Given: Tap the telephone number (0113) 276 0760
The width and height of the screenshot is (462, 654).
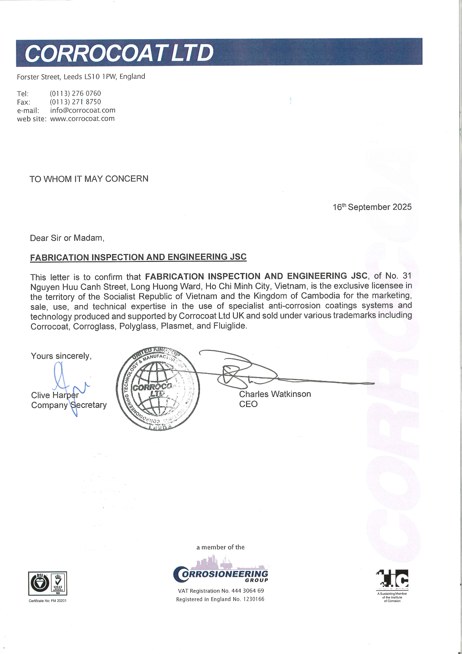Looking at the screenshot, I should point(75,94).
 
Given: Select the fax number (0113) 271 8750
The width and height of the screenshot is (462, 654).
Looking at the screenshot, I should point(75,102).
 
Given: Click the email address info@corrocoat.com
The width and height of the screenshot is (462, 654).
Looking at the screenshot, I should point(83,110).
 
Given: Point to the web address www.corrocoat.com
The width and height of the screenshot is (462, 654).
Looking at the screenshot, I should point(82,119).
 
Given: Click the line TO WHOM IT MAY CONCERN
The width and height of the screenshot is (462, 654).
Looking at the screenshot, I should point(89,179).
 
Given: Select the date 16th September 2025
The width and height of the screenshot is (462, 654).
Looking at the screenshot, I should point(372,207).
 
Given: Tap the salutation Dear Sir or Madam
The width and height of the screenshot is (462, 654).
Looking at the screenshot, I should point(67,238).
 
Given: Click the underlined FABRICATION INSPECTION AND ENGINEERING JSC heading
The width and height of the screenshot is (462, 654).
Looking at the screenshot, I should point(138,257).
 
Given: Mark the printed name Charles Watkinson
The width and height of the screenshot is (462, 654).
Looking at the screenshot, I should point(275,394).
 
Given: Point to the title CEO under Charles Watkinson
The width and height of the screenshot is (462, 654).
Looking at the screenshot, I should point(248,404).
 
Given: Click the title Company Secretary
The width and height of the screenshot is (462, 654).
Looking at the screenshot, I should point(69,405).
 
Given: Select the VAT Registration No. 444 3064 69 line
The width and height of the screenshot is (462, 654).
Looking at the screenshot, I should point(221,591).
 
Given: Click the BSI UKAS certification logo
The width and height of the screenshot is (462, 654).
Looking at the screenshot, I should point(48,583).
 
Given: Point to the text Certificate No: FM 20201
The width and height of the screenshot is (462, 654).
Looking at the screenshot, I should point(48,601).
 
